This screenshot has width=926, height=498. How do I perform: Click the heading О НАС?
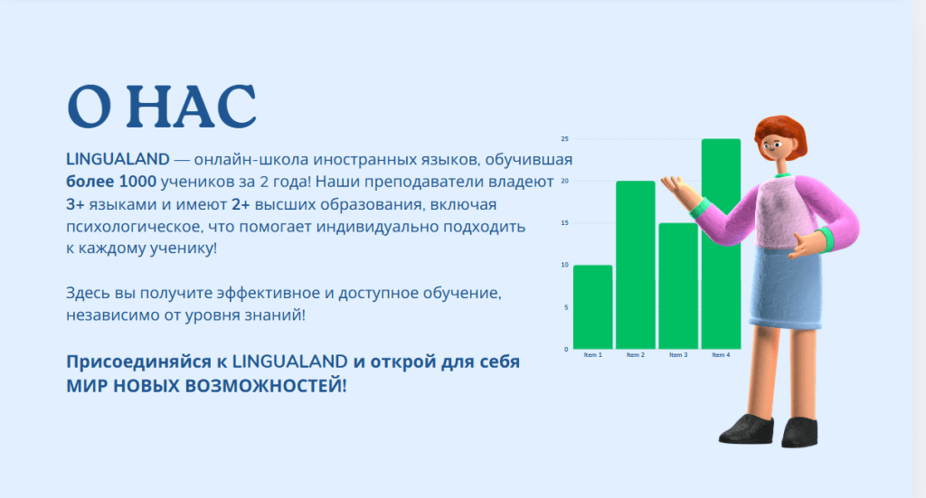162,107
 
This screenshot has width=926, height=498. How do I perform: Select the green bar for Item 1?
593,306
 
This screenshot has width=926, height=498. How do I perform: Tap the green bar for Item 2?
636,265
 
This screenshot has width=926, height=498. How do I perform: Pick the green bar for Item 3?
678,287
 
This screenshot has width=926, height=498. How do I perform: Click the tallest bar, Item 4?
721,244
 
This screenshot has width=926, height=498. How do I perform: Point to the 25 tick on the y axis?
564,138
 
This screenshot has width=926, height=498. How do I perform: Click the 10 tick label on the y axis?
564,265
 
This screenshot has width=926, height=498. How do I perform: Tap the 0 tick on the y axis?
566,349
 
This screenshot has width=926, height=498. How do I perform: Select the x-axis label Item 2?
636,354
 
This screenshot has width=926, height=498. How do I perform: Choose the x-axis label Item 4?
721,354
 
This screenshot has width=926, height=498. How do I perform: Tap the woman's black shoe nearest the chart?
746,429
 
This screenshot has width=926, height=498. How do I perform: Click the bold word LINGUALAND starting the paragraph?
118,159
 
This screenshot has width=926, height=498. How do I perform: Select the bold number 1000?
137,182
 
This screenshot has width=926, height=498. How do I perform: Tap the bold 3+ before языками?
75,205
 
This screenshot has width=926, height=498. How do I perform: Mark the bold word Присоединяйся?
138,362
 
